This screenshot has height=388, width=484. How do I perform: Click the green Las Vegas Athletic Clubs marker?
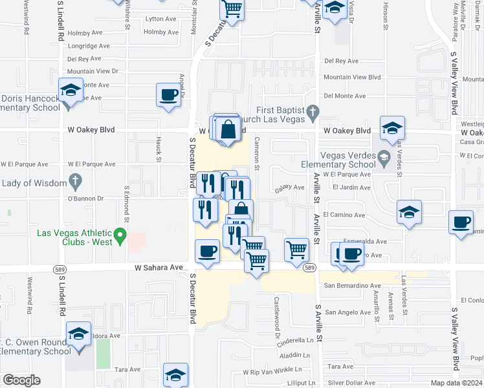pyautogui.click(x=120, y=237)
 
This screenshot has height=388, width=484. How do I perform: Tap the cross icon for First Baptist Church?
pyautogui.click(x=313, y=111)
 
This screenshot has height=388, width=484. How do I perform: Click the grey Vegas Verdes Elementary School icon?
pyautogui.click(x=384, y=156)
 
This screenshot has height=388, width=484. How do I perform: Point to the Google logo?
pyautogui.click(x=21, y=380)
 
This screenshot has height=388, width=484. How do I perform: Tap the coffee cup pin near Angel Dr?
pyautogui.click(x=168, y=96)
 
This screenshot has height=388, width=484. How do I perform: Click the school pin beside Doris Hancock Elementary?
pyautogui.click(x=70, y=90)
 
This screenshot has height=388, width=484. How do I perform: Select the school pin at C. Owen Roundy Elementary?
pyautogui.click(x=79, y=334)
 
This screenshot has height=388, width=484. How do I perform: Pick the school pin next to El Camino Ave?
pyautogui.click(x=409, y=212)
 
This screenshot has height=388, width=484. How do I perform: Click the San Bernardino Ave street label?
pyautogui.click(x=353, y=285)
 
